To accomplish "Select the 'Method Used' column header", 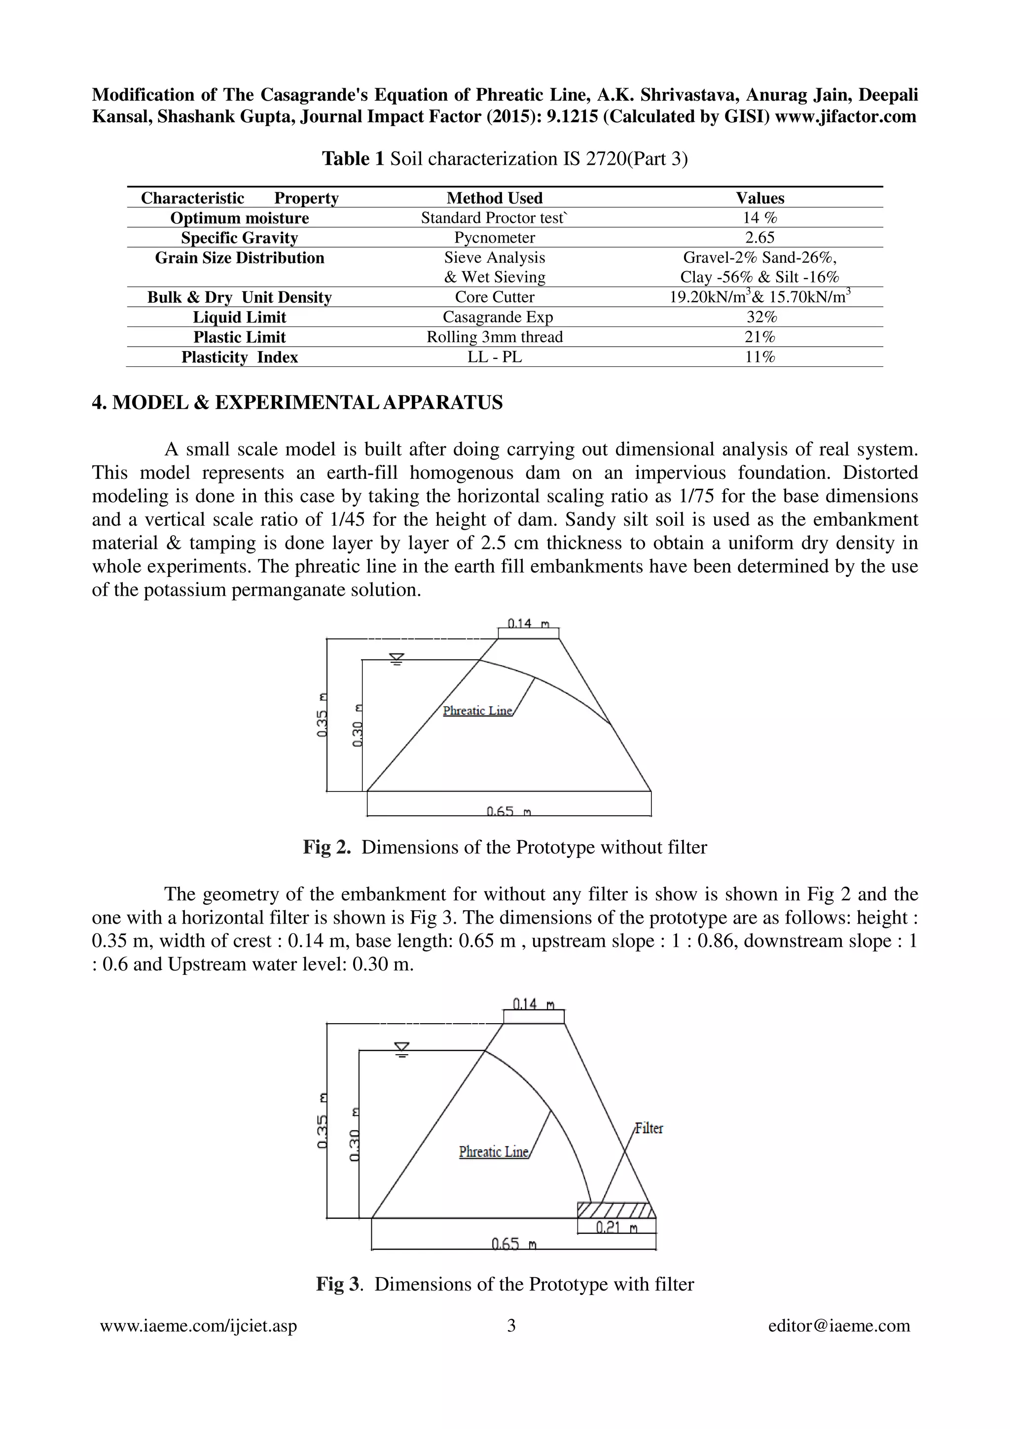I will tap(494, 198).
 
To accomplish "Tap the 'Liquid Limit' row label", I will tap(239, 318).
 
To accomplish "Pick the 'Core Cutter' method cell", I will tap(494, 297).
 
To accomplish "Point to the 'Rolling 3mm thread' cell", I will tap(494, 337).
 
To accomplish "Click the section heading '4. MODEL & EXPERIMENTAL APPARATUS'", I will tap(297, 403).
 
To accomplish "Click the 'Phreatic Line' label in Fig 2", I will tap(477, 711).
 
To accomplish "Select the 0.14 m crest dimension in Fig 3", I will tap(533, 1004).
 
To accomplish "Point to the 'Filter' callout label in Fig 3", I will tap(649, 1128).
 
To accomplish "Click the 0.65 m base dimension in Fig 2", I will tap(508, 812).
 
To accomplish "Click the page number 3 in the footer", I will tap(511, 1325).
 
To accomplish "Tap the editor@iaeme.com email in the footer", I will tap(839, 1325).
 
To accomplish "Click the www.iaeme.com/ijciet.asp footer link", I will tap(199, 1325).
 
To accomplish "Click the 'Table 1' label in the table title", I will tap(353, 159).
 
